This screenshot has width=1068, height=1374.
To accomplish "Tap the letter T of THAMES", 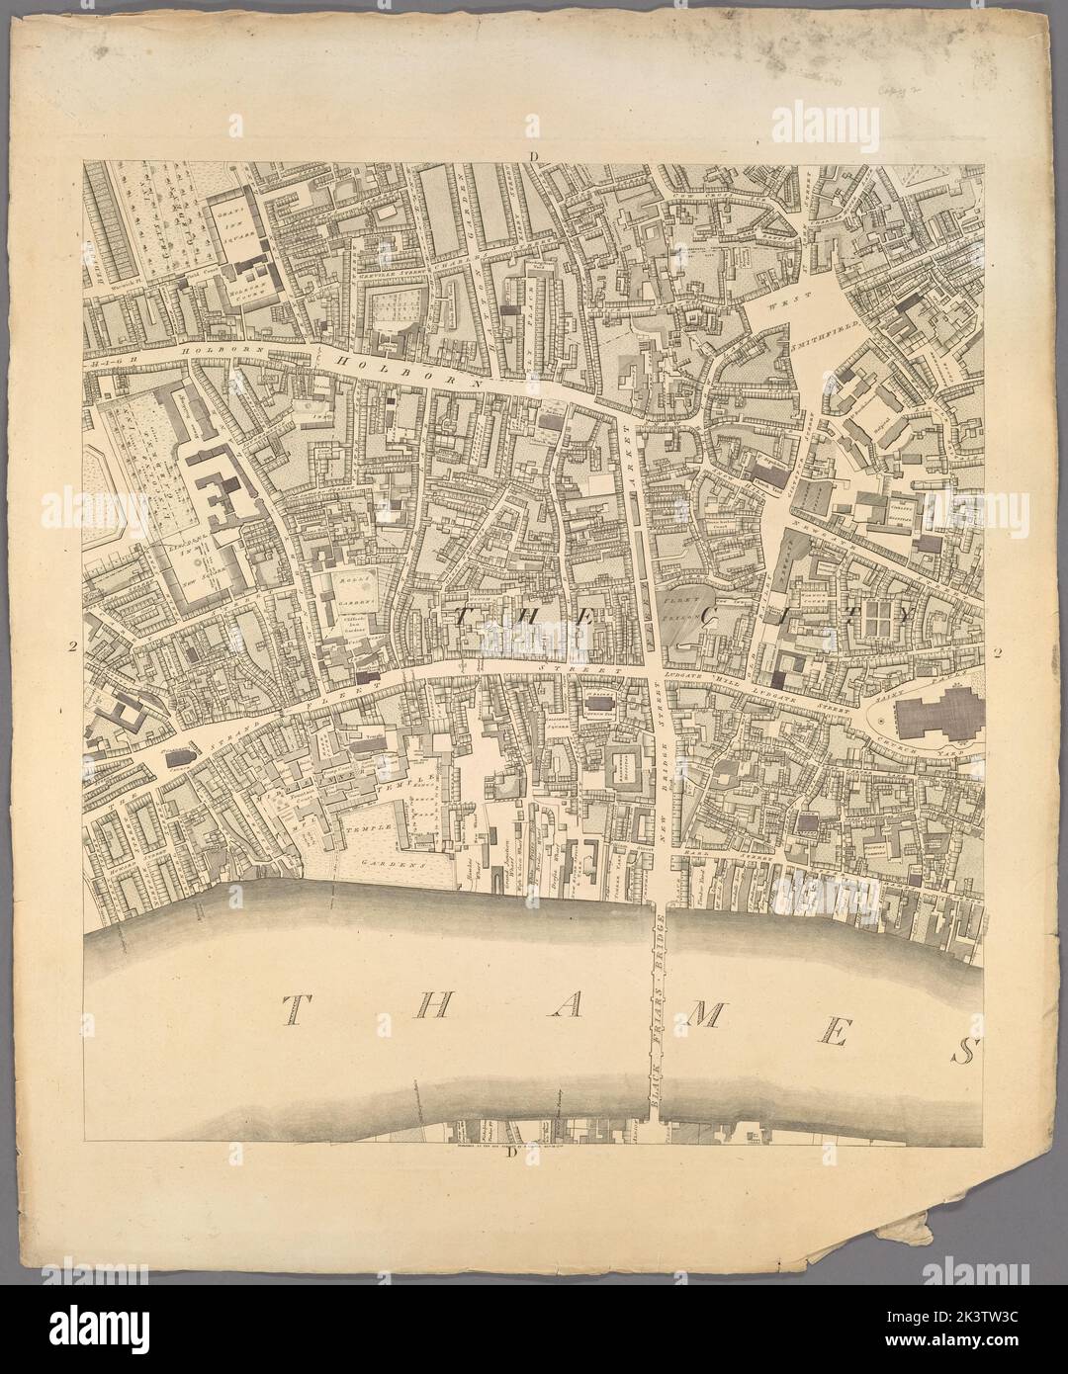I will click(x=294, y=1009).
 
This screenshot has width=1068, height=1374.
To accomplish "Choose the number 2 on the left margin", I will click(x=72, y=648).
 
